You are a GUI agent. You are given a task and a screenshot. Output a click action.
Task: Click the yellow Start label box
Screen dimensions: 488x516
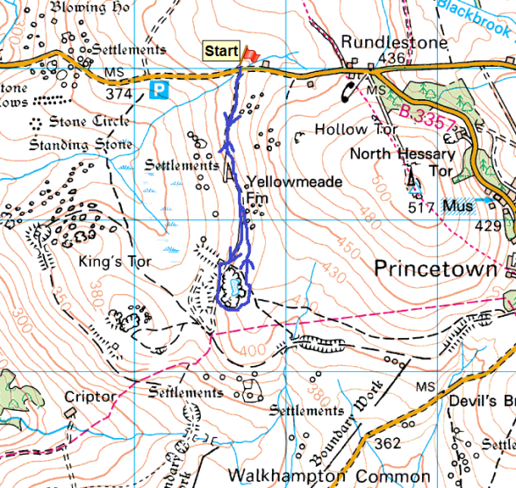coord(221,52)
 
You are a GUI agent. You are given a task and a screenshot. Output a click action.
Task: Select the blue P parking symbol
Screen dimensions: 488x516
coord(159,90)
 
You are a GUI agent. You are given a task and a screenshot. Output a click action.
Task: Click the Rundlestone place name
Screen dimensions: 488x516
coord(382,42)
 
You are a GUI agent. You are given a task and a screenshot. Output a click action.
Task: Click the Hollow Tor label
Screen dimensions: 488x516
coord(346,129)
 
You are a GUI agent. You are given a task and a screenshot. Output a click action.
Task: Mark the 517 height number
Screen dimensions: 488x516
coord(421,207)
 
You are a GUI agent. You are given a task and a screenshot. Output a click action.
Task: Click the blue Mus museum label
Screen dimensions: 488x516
coord(457,206)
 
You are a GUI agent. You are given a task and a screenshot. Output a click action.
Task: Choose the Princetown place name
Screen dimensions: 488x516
coord(435,268)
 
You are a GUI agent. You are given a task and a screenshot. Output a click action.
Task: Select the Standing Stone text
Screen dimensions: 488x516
coord(81,143)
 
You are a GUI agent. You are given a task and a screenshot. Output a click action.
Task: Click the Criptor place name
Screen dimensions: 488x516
coord(90,397)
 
